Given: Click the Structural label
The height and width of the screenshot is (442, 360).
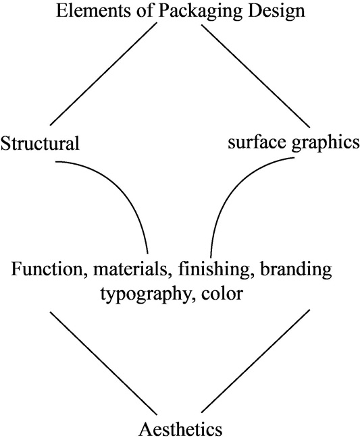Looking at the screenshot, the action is pyautogui.click(x=40, y=143).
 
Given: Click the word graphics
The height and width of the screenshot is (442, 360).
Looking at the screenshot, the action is pyautogui.click(x=326, y=144).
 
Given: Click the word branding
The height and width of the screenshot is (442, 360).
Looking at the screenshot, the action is pyautogui.click(x=296, y=270).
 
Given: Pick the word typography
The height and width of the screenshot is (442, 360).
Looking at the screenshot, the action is pyautogui.click(x=146, y=296).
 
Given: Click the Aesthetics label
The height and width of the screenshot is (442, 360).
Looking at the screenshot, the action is pyautogui.click(x=180, y=429).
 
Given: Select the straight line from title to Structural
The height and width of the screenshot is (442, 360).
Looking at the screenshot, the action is pyautogui.click(x=103, y=74).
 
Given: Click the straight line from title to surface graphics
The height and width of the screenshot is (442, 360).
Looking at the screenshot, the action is pyautogui.click(x=255, y=76).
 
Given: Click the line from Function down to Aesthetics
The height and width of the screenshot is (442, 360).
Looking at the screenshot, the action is pyautogui.click(x=103, y=363).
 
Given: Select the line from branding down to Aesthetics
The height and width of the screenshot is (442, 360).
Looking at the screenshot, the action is pyautogui.click(x=255, y=361).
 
